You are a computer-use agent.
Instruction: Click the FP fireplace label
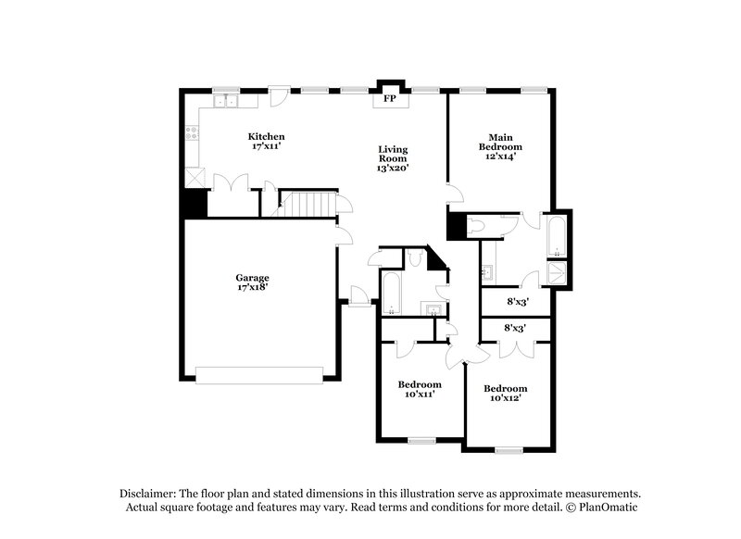(390, 98)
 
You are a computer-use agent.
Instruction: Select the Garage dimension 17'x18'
(251, 288)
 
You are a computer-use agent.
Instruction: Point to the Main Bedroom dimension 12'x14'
(499, 157)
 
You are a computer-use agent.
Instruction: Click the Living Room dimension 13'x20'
(393, 168)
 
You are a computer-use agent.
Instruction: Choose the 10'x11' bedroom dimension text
(419, 395)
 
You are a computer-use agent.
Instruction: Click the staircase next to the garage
(306, 203)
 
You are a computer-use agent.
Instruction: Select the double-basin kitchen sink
(225, 101)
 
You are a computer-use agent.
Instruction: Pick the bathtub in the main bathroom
(557, 237)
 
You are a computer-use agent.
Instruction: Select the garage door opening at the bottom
(258, 374)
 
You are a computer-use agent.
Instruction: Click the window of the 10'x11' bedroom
(422, 440)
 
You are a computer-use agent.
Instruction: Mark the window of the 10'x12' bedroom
(508, 450)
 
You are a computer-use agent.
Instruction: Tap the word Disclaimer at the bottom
(147, 494)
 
